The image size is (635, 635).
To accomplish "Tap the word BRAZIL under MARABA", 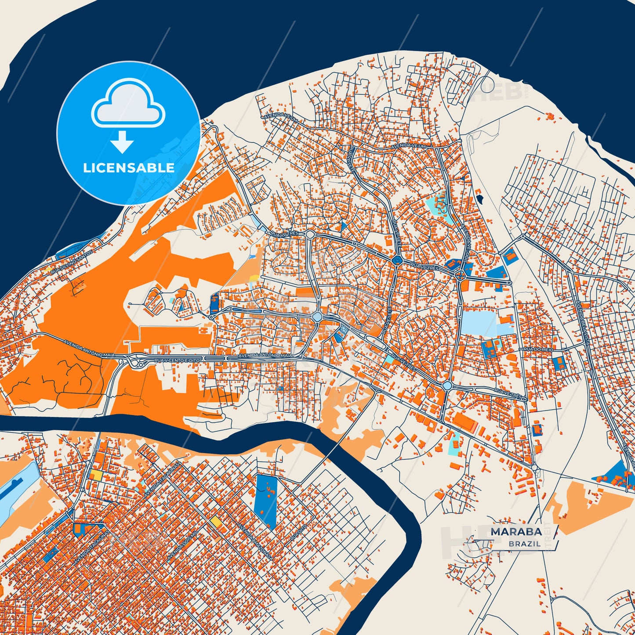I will pos(525,544).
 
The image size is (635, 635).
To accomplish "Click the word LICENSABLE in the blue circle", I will pos(129,167).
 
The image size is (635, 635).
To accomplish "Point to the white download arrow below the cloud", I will pos(122,142).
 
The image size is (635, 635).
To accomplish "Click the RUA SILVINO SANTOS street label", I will pos(71,263).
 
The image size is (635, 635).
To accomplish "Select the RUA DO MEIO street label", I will pos(538,348).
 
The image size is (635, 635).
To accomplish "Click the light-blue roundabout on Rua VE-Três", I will pos(447,385).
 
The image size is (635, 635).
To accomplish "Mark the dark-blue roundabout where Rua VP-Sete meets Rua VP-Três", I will pos(397,260).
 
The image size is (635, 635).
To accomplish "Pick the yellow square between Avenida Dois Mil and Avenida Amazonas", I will pos(216,522).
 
